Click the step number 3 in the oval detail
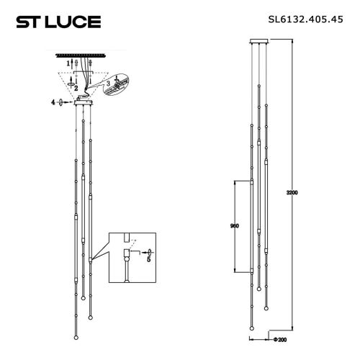click(107, 84)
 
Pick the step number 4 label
click(53, 104)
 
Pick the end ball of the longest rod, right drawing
click(250, 328)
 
